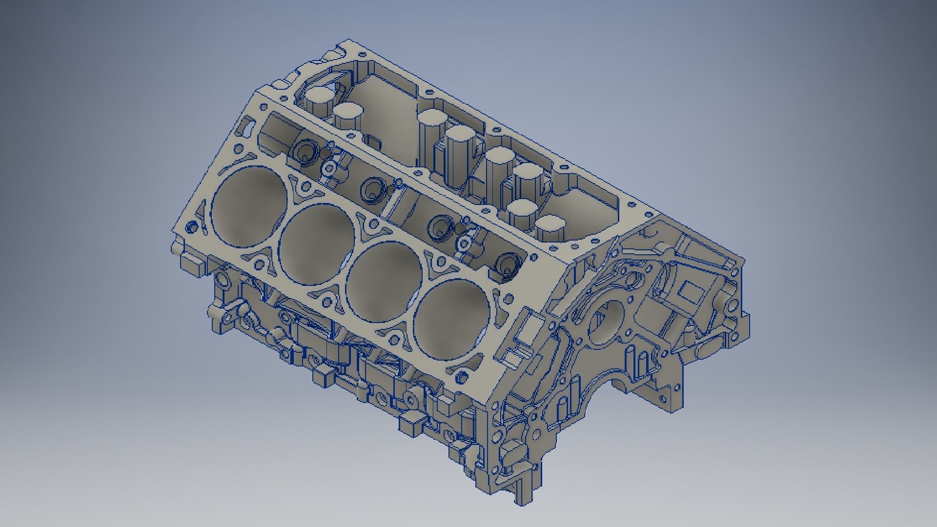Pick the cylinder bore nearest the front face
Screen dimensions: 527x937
[451, 322]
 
